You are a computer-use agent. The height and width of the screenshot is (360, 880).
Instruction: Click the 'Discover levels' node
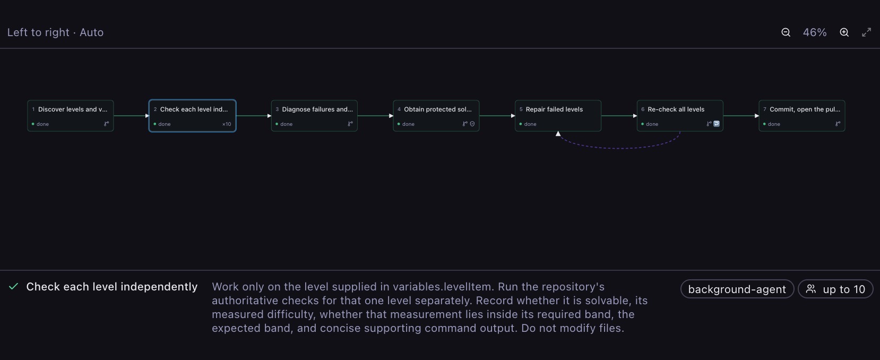point(70,116)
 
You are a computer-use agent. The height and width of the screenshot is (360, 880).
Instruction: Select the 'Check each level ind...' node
point(193,116)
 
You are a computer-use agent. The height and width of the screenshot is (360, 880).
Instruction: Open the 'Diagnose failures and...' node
point(314,116)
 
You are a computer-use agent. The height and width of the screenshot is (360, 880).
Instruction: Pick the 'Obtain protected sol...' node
point(436,116)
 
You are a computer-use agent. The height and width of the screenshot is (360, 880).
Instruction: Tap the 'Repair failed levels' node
point(558,116)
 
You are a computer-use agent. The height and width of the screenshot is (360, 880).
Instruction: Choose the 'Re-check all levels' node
point(680,116)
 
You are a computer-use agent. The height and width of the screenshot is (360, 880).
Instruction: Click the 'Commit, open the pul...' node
point(802,116)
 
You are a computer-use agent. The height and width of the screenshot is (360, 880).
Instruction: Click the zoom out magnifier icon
point(786,32)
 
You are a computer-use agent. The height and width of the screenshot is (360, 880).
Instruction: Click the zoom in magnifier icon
point(844,32)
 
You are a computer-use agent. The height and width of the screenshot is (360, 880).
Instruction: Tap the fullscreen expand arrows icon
point(867,32)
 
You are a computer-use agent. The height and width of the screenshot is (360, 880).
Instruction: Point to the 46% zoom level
point(815,32)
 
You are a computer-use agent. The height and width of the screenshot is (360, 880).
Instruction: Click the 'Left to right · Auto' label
point(55,32)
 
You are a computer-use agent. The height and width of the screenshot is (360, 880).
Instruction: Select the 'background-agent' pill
point(737,289)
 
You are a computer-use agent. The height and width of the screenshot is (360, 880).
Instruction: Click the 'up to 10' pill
point(835,289)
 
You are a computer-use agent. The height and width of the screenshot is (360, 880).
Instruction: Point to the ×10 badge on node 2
point(227,124)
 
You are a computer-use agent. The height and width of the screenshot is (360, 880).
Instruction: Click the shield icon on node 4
point(472,124)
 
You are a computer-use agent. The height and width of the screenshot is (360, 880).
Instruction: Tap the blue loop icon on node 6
point(717,124)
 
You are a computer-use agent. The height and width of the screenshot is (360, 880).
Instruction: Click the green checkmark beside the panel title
point(13,287)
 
